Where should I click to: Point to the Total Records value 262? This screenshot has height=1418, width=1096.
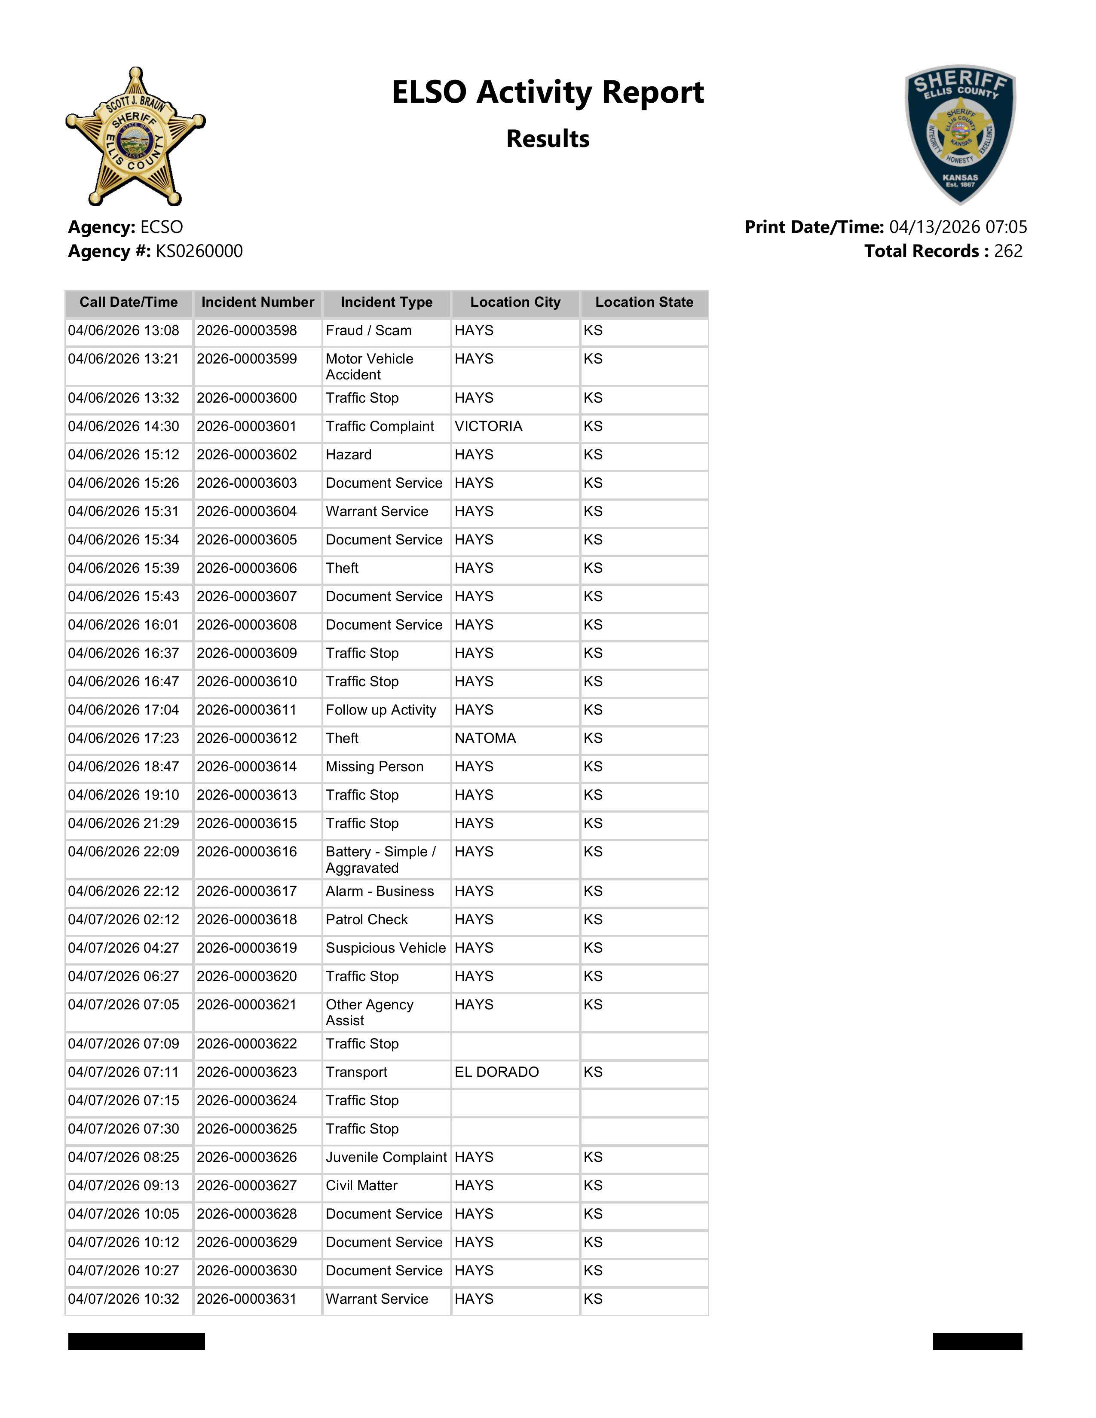click(x=1008, y=251)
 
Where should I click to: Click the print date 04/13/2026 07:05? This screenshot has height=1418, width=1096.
click(x=958, y=227)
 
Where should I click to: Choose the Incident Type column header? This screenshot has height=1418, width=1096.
click(x=386, y=303)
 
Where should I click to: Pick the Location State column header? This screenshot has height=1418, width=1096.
click(x=644, y=303)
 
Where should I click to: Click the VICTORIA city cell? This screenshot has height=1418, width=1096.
click(x=488, y=427)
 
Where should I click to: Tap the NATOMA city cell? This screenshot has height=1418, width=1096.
click(x=485, y=738)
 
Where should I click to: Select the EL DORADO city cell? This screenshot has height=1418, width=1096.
click(x=497, y=1072)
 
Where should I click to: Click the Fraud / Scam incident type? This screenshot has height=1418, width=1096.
click(x=368, y=330)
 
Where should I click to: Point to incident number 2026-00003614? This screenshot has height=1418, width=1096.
click(x=247, y=767)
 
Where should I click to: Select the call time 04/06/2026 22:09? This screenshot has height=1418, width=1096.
click(x=123, y=852)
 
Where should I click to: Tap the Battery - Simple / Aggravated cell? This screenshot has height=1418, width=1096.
click(x=380, y=860)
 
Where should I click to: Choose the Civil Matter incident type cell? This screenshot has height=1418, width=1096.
click(x=361, y=1186)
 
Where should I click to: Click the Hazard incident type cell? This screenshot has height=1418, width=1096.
click(x=348, y=455)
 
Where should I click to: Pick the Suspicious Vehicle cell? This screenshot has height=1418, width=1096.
click(x=386, y=948)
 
